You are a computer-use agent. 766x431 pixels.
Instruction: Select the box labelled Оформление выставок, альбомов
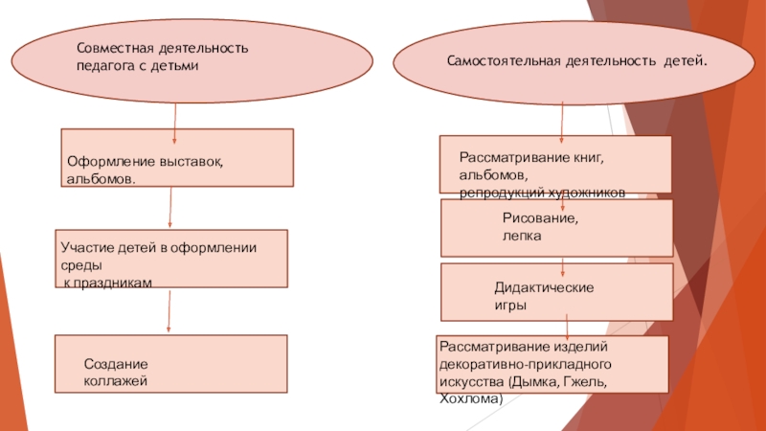pos(177,157)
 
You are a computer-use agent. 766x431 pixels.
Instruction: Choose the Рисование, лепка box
pos(555,227)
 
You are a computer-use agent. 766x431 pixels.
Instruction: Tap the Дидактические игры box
pos(555,292)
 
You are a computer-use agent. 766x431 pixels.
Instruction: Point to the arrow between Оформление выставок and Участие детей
pos(170,208)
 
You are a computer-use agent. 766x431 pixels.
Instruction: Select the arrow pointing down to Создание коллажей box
pos(169,311)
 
